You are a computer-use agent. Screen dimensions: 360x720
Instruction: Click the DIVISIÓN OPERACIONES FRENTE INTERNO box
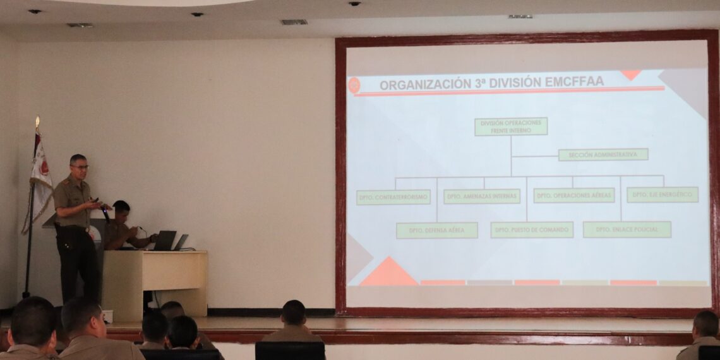[510, 126]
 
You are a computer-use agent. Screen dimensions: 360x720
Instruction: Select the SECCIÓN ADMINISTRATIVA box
[603, 155]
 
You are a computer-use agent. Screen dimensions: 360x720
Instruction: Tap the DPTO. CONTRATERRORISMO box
[393, 197]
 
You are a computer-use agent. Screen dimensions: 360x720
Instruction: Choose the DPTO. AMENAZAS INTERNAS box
[481, 196]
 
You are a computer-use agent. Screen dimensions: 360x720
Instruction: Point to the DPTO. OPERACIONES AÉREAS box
[573, 195]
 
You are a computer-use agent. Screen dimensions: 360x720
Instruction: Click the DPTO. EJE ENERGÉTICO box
[662, 195]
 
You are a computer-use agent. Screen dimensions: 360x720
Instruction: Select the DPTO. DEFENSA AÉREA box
[436, 231]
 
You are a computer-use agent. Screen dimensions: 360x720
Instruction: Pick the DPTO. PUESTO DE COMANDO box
[531, 230]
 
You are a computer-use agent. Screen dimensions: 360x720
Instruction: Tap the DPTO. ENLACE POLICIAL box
[627, 229]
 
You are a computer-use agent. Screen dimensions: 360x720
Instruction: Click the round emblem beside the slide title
[354, 85]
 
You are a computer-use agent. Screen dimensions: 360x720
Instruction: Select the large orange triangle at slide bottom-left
[388, 273]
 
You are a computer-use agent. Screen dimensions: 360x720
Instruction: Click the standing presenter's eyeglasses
[80, 167]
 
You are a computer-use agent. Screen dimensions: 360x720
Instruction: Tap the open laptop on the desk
[164, 241]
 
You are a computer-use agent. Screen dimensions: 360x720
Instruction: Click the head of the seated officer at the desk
[121, 208]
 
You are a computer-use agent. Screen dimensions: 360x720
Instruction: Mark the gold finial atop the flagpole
[37, 122]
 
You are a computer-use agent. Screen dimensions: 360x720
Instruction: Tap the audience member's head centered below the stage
[293, 313]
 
